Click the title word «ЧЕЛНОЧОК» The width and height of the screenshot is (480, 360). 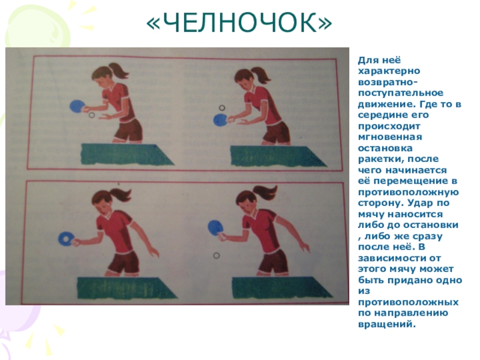239,23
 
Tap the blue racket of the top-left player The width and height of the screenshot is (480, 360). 76,107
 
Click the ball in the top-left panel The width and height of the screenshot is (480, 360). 91,115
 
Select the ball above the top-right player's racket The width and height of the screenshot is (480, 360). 222,108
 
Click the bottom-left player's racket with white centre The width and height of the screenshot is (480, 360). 65,238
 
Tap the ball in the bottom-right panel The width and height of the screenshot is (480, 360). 217,255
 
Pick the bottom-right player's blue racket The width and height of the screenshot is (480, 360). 215,227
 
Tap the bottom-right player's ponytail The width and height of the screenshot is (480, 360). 266,193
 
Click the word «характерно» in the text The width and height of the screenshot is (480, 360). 389,71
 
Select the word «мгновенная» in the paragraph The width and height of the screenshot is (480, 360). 390,137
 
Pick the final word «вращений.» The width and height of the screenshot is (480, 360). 386,324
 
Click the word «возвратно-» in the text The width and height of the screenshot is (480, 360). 388,82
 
